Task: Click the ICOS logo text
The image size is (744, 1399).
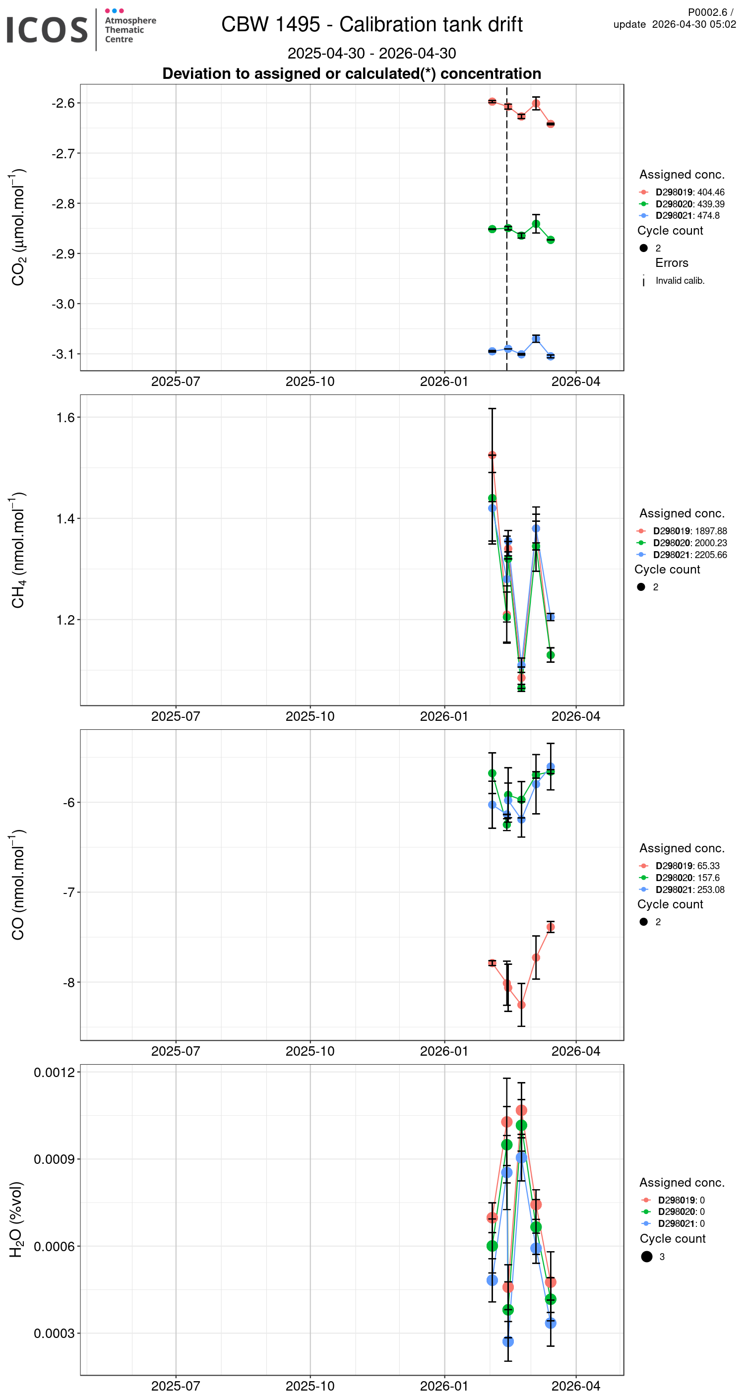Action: [x=47, y=30]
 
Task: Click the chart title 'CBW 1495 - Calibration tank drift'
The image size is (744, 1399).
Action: [x=372, y=24]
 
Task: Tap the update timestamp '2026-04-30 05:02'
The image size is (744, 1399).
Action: [x=693, y=24]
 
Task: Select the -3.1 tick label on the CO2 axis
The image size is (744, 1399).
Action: [x=63, y=354]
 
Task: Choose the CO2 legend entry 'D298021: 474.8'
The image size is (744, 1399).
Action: [x=687, y=216]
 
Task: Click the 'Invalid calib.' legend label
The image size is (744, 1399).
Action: [x=680, y=281]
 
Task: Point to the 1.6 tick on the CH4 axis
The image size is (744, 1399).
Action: [x=65, y=417]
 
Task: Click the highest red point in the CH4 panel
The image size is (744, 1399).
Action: [x=492, y=455]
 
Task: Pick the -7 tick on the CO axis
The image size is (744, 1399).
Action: [x=68, y=892]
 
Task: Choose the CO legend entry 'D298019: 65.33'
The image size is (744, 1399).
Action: [x=687, y=866]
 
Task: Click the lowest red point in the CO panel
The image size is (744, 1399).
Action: [x=521, y=1005]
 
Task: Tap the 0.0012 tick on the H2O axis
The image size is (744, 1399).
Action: [x=54, y=1072]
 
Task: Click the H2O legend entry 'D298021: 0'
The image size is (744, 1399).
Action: [x=681, y=1223]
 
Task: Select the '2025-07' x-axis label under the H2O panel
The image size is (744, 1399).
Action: [x=176, y=1386]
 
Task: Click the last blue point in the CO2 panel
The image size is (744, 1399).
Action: [x=551, y=356]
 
